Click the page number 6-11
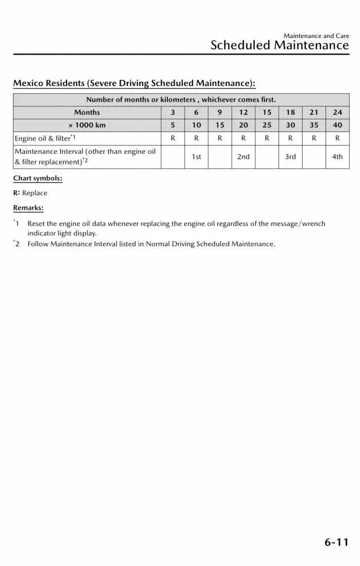[336, 543]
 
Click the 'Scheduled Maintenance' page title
[279, 46]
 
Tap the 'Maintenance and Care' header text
[316, 36]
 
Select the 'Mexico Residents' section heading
[134, 84]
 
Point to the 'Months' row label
[87, 113]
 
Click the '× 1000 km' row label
[87, 125]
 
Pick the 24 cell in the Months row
[337, 113]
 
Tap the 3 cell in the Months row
[173, 113]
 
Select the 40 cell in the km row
[337, 125]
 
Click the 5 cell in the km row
[173, 125]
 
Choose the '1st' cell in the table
[196, 157]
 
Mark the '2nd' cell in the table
[243, 157]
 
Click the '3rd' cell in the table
[290, 157]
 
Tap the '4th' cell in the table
[337, 157]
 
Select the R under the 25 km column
[267, 138]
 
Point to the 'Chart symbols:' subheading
[38, 179]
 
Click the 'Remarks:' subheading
[28, 208]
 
